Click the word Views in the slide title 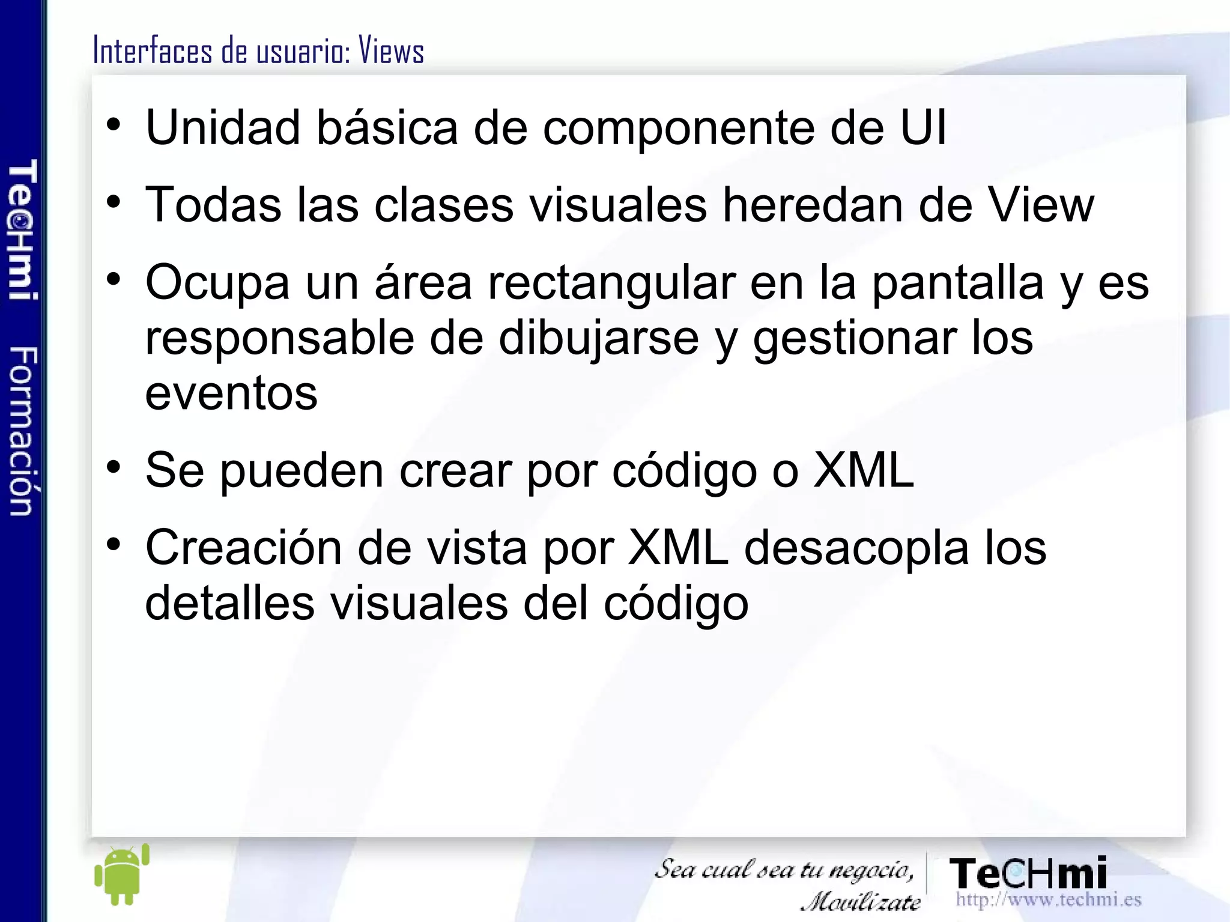pyautogui.click(x=392, y=50)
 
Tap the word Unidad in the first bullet pyautogui.click(x=223, y=127)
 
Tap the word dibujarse pyautogui.click(x=599, y=338)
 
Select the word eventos pyautogui.click(x=231, y=393)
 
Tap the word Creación pyautogui.click(x=244, y=548)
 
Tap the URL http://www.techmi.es pyautogui.click(x=1048, y=900)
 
